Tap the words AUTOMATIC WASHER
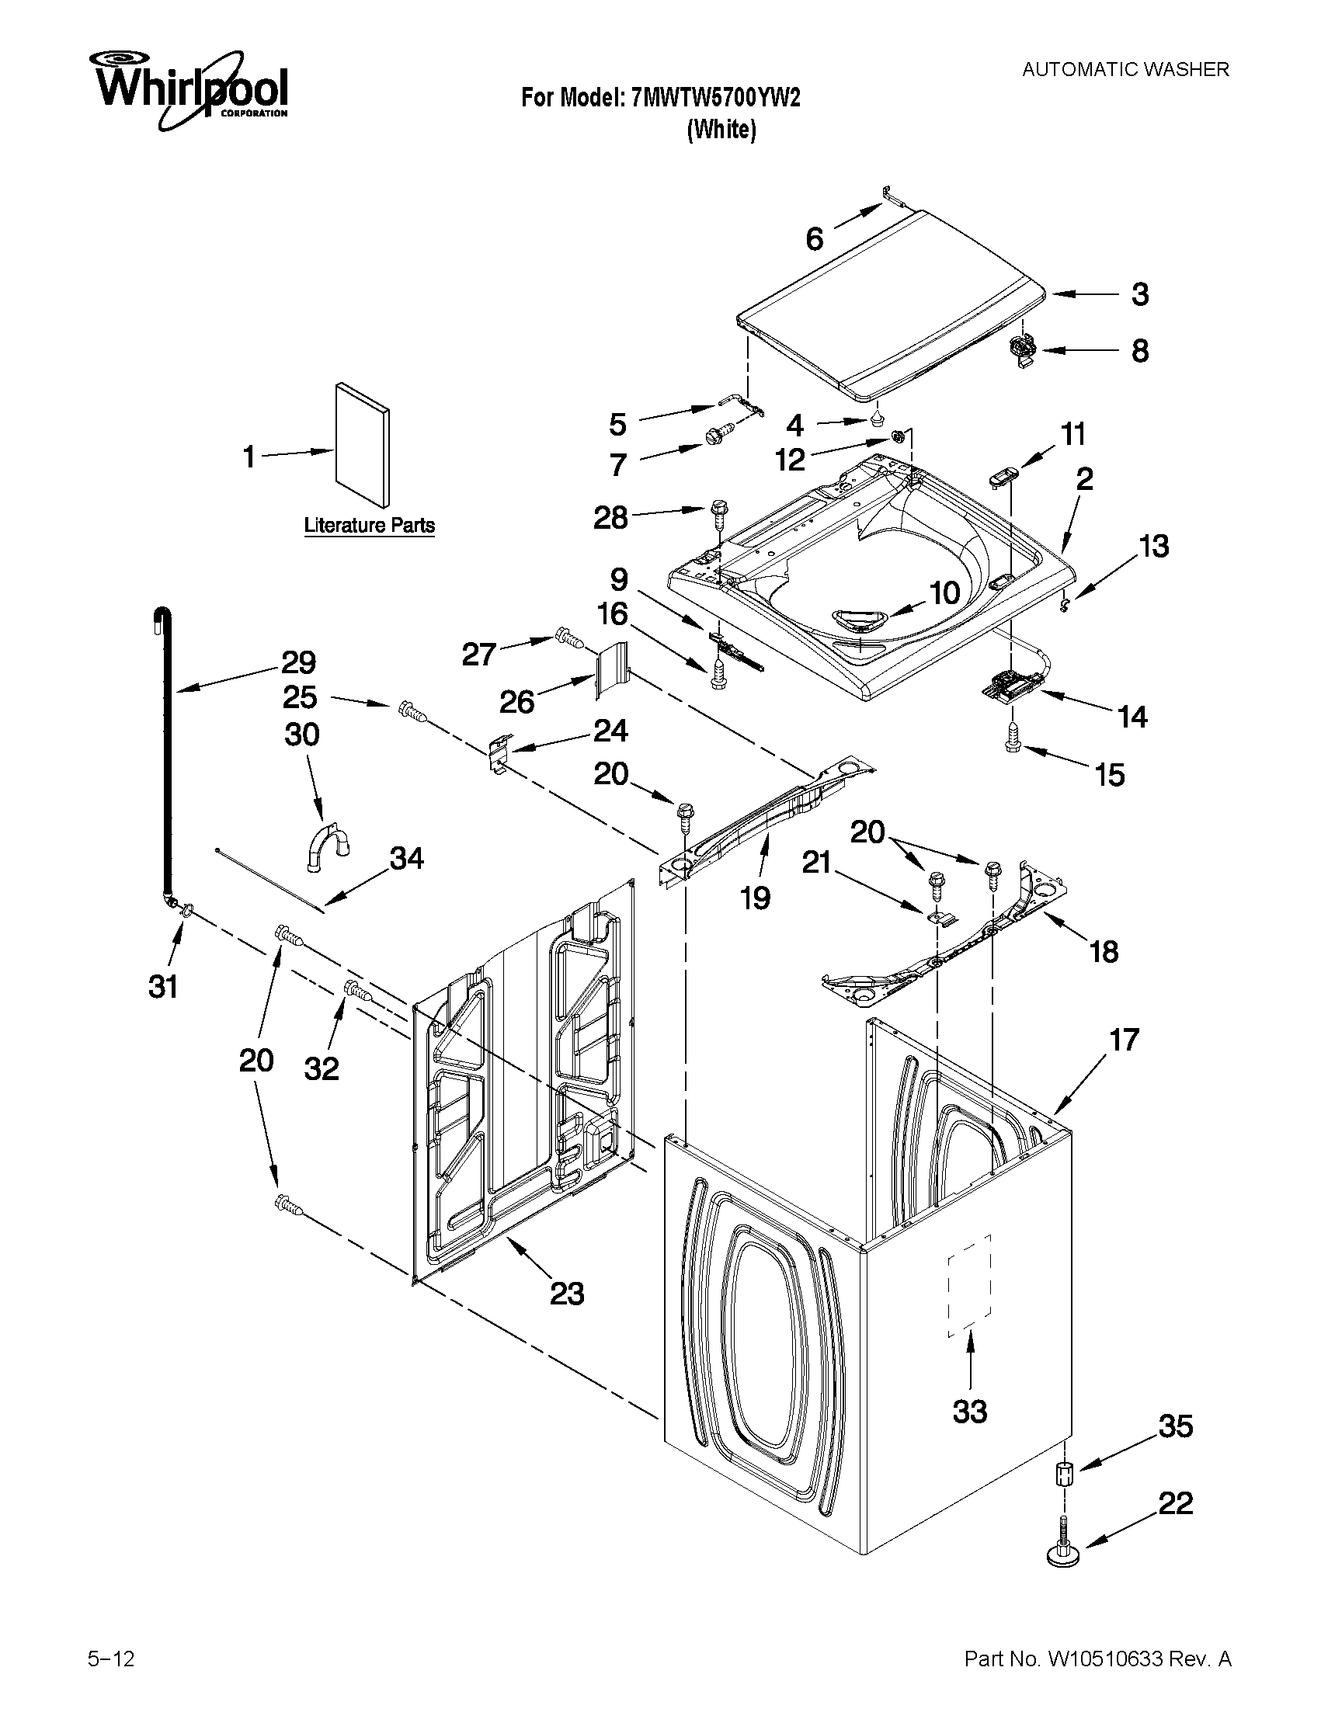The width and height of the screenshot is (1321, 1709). point(1125,70)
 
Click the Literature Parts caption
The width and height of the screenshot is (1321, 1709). point(369,525)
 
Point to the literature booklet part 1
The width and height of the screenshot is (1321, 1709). point(362,444)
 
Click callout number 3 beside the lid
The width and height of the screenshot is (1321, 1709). point(1140,294)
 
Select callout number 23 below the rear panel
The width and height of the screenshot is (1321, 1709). point(567,1294)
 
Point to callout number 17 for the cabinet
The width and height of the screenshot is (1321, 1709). point(1124,1040)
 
